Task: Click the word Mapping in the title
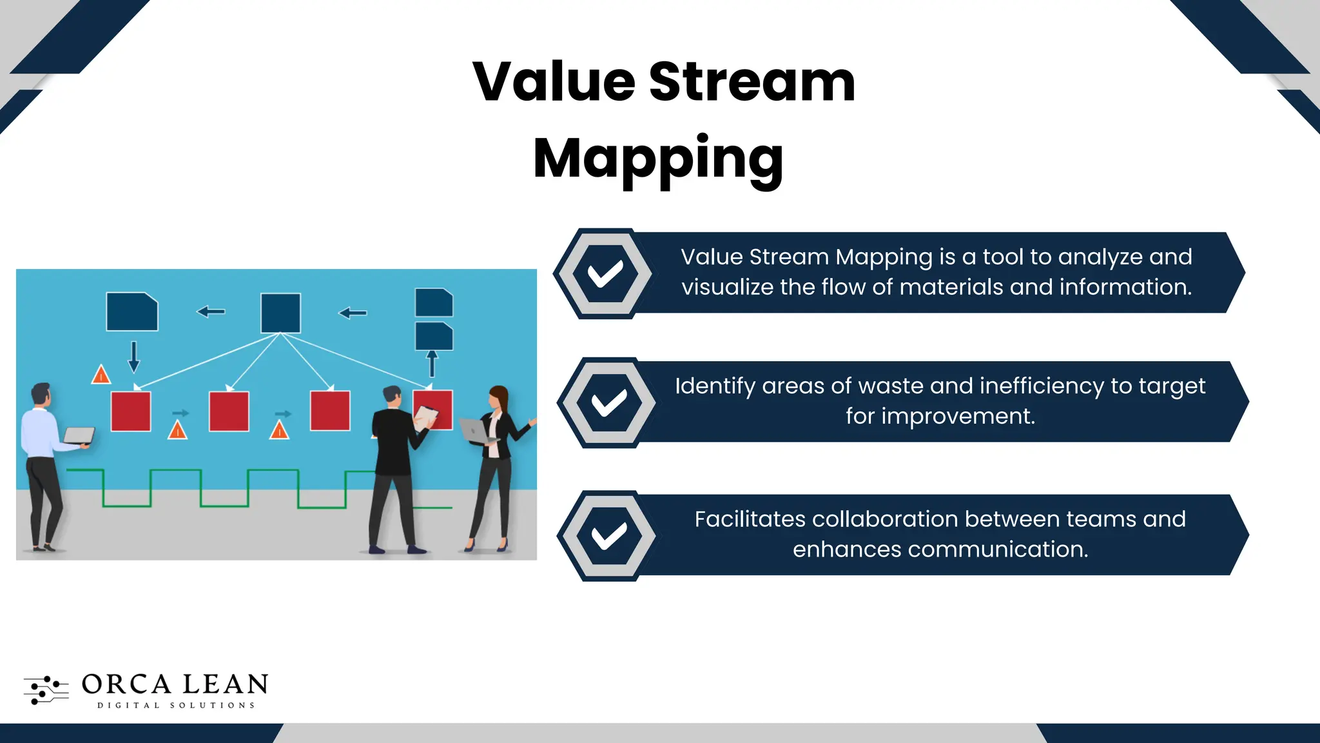658,159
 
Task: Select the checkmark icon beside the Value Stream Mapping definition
605,273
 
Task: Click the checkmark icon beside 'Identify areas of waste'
609,402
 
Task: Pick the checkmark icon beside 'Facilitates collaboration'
609,536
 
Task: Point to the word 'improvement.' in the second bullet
940,417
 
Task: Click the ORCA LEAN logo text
175,684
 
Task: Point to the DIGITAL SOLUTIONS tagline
176,706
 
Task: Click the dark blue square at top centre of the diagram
280,313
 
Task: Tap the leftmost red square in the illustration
131,411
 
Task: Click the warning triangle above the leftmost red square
101,375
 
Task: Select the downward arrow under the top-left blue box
134,357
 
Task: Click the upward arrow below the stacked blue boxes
432,363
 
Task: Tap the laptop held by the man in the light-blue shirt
79,435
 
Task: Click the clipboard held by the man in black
425,417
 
